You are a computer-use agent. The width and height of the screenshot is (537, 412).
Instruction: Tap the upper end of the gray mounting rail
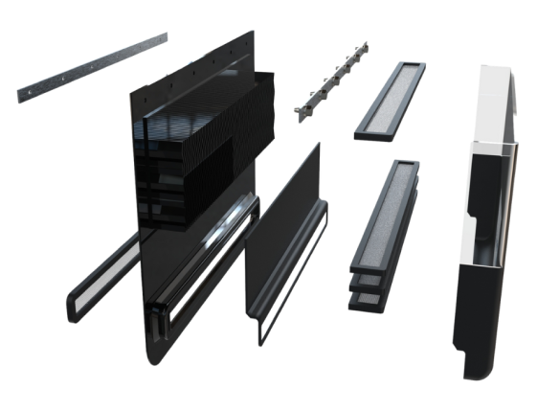163,35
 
